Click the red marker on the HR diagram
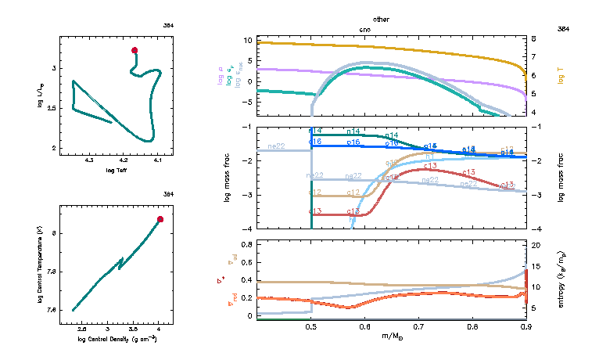tap(135, 50)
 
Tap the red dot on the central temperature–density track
tap(160, 219)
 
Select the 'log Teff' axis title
tap(117, 170)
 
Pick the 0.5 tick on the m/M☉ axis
tap(311, 329)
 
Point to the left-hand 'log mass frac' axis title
tap(228, 178)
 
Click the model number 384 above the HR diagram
tap(169, 26)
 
